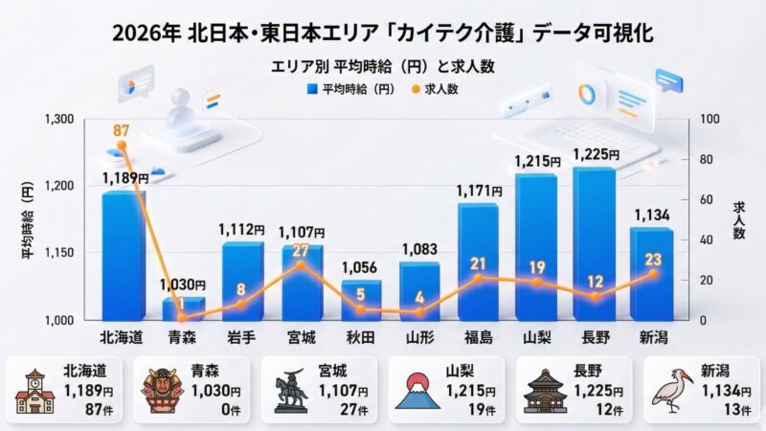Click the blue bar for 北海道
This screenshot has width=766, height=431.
pyautogui.click(x=124, y=255)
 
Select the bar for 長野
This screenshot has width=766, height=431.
pyautogui.click(x=594, y=243)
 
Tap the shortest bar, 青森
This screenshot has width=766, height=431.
pyautogui.click(x=182, y=307)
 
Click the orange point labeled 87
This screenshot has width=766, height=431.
pyautogui.click(x=122, y=145)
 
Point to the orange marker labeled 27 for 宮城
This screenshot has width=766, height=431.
pyautogui.click(x=300, y=264)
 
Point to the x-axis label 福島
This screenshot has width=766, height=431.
pyautogui.click(x=478, y=338)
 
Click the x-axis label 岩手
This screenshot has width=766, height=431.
pyautogui.click(x=241, y=338)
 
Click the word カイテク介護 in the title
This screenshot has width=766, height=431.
pyautogui.click(x=446, y=32)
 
